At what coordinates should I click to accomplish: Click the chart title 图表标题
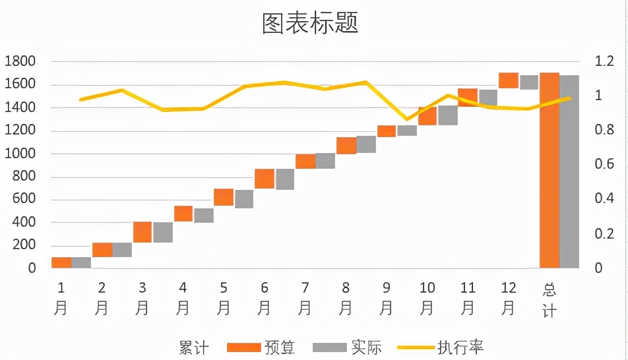click(309, 24)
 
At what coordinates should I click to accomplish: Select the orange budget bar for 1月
click(61, 262)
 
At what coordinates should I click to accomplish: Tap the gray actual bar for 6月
click(285, 179)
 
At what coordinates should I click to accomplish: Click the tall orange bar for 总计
click(549, 170)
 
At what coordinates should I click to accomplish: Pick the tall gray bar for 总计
click(569, 171)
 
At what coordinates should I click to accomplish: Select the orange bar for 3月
click(142, 232)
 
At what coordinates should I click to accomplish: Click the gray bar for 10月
click(448, 115)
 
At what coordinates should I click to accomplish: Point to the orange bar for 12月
click(509, 80)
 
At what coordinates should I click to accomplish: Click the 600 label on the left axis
click(23, 199)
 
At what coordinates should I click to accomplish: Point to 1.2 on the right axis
click(604, 61)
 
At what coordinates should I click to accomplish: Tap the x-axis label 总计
click(549, 299)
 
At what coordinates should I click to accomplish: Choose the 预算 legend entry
click(261, 347)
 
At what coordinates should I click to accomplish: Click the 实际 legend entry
click(347, 347)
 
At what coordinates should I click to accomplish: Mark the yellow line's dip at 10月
click(408, 119)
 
